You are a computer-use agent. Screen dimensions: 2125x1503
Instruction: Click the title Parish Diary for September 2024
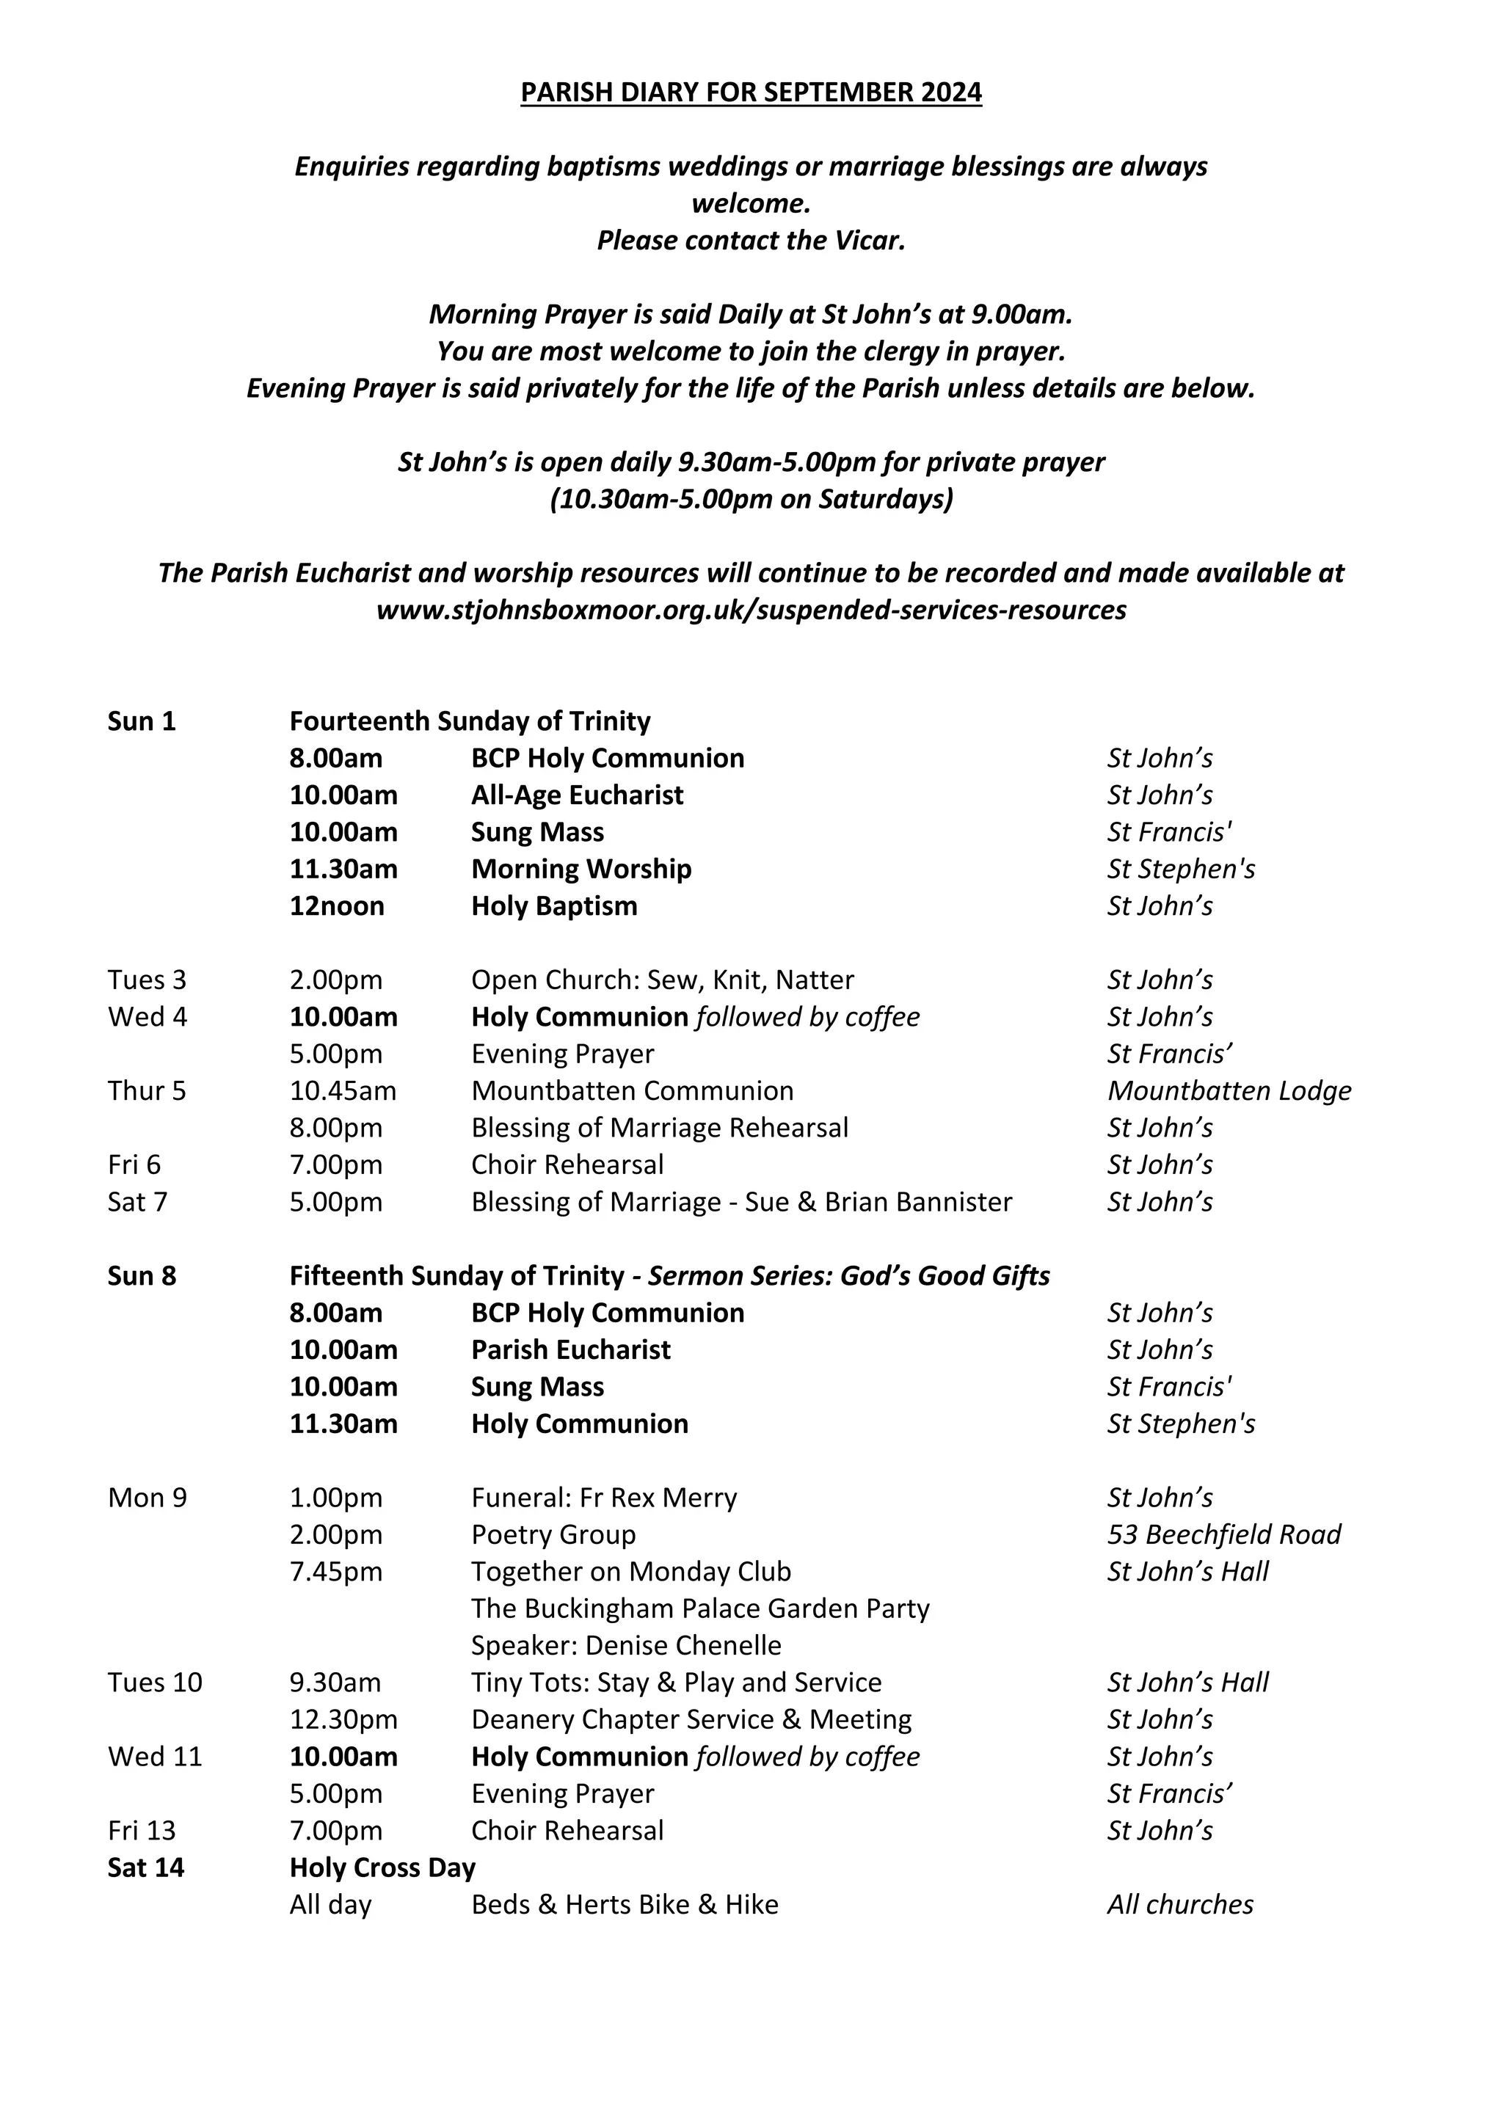click(x=751, y=92)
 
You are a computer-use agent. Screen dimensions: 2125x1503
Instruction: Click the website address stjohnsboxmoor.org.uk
click(x=751, y=610)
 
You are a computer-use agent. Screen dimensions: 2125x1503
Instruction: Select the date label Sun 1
click(x=142, y=721)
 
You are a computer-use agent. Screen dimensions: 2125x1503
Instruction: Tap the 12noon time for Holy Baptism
click(x=337, y=905)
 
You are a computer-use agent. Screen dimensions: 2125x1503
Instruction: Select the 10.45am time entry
click(x=343, y=1090)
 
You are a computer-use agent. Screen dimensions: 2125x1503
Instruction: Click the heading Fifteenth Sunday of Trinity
click(x=457, y=1275)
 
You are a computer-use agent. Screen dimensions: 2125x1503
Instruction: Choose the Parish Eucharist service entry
click(x=570, y=1349)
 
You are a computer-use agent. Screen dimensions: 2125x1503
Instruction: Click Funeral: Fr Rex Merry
click(x=603, y=1498)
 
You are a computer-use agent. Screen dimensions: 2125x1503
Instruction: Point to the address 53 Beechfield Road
click(x=1223, y=1534)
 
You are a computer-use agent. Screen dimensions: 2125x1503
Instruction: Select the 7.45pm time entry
click(x=336, y=1572)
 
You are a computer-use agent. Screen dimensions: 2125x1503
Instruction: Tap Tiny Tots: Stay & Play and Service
click(x=676, y=1683)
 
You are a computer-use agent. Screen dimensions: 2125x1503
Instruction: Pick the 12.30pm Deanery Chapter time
click(x=343, y=1720)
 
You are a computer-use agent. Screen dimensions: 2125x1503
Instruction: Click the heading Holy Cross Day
click(x=382, y=1867)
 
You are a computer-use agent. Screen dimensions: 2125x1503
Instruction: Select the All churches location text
click(x=1180, y=1905)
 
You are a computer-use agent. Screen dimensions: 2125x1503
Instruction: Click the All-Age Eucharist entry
click(x=577, y=795)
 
